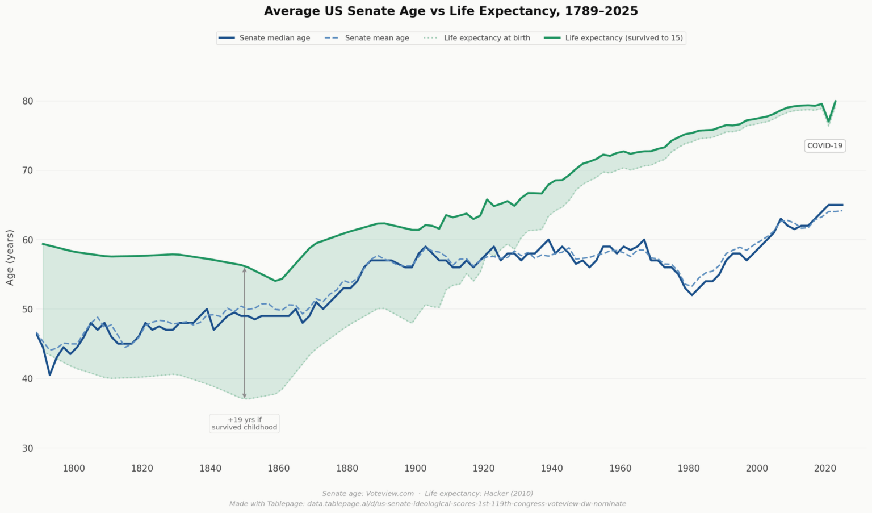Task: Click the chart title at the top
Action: [451, 11]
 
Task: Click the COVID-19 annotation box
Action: [824, 146]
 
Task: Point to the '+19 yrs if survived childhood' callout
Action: [244, 424]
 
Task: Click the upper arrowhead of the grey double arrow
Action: [245, 270]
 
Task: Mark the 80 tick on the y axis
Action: [28, 101]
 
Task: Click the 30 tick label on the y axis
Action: [28, 448]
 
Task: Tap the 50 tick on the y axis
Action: [28, 310]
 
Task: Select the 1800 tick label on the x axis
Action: [74, 469]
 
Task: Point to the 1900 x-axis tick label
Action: [415, 469]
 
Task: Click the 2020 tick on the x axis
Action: [825, 469]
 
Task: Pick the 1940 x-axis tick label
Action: [552, 469]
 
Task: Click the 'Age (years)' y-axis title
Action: [10, 257]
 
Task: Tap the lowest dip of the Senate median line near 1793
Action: [50, 375]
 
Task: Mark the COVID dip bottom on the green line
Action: [829, 122]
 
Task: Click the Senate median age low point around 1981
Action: [692, 295]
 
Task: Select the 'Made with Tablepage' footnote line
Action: [427, 504]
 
